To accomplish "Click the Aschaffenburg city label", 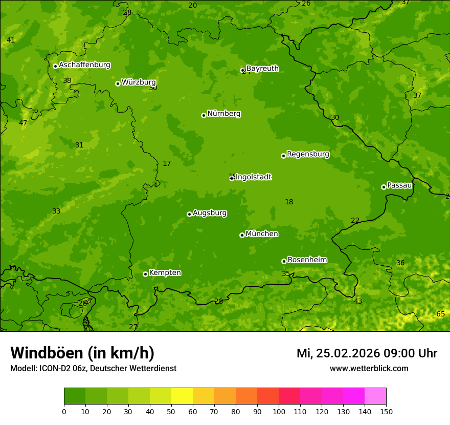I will point(84,65).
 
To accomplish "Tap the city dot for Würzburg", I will point(118,83).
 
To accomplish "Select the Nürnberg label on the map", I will point(223,114).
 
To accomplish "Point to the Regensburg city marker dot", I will point(283,156).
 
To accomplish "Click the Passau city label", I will point(399,185).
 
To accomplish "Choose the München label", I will point(262,234).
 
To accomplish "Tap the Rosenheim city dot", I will point(284,261).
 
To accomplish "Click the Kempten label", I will point(165,273).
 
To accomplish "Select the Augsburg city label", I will point(210,213).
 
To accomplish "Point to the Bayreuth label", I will point(262,69).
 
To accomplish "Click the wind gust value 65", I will point(440,314).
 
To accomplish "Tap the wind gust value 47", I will point(23,123).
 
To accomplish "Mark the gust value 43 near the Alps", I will point(358,301).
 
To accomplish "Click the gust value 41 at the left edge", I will point(11,40).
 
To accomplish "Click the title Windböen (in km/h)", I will point(82,353).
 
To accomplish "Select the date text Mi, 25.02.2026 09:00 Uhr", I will point(367,353).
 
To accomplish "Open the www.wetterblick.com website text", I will point(369,368).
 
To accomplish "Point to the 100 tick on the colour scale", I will point(279,411).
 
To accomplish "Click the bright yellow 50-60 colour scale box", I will point(182,396).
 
